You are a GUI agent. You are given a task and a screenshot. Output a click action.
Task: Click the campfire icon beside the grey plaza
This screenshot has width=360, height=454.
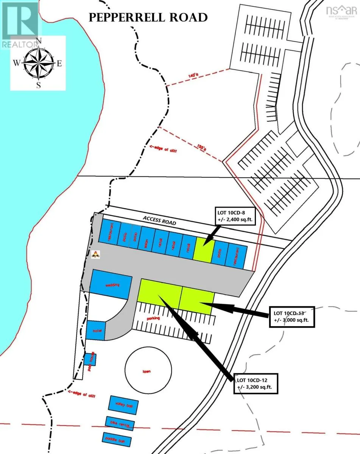point(96,255)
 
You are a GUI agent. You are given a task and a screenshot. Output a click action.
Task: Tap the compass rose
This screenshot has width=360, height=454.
point(38,62)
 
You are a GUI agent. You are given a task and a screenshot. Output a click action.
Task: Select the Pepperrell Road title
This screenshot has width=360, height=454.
point(148,17)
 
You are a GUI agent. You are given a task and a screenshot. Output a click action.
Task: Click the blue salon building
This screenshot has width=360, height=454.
point(146,239)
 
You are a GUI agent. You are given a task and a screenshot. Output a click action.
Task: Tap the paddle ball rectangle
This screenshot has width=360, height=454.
point(117,440)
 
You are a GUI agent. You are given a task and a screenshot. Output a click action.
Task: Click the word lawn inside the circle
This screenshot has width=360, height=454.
point(146,371)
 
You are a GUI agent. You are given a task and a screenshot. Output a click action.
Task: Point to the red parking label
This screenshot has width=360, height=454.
point(154,318)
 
